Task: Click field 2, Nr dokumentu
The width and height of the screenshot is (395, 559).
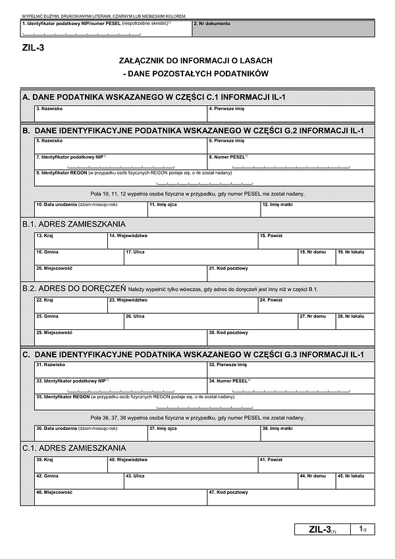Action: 284,28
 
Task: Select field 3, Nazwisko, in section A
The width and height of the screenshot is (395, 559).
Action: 120,114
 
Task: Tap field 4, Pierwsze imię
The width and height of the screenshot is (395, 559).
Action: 290,114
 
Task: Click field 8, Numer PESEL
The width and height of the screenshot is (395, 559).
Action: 290,162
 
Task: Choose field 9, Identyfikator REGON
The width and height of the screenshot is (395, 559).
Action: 204,178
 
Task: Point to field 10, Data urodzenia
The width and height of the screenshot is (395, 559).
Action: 90,209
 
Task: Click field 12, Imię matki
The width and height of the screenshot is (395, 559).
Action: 317,209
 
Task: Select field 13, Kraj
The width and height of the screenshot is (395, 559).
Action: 70,241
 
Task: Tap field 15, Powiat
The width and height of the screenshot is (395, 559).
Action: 315,241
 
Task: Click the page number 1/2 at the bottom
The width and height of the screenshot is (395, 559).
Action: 363,529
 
